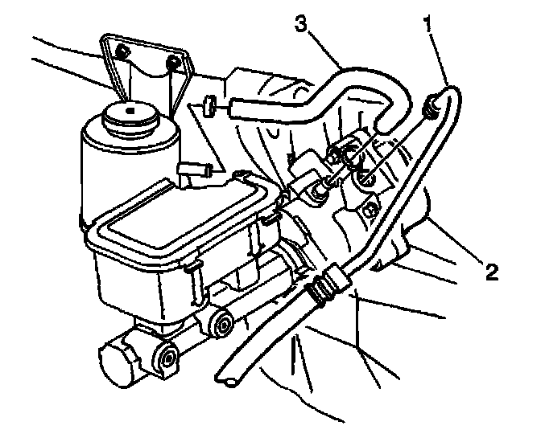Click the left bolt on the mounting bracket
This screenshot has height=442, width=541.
point(121,53)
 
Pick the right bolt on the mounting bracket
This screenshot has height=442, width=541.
point(172,62)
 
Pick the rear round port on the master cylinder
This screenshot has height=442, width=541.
point(225,325)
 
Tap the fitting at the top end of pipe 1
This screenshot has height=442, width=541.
point(433,103)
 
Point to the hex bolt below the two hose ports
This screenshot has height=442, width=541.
point(370,211)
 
